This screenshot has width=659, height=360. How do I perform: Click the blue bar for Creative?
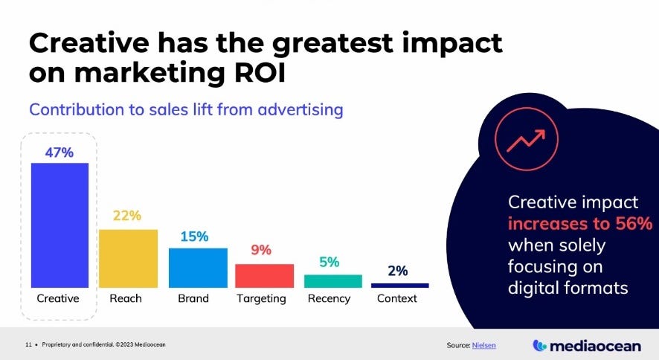pyautogui.click(x=60, y=225)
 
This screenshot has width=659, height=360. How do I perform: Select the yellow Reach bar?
pyautogui.click(x=128, y=258)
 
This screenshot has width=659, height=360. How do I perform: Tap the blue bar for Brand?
pyautogui.click(x=197, y=267)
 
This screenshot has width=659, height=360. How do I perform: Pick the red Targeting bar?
pyautogui.click(x=264, y=275)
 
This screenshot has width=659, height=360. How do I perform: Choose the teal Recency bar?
pyautogui.click(x=332, y=280)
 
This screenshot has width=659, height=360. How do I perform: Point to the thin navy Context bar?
pyautogui.click(x=399, y=285)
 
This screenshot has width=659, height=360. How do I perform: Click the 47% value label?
pyautogui.click(x=59, y=152)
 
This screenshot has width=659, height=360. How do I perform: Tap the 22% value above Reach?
pyautogui.click(x=127, y=216)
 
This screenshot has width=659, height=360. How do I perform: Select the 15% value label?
pyautogui.click(x=195, y=236)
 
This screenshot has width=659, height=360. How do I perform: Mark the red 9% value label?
pyautogui.click(x=260, y=251)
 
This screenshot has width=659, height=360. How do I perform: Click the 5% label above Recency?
pyautogui.click(x=329, y=262)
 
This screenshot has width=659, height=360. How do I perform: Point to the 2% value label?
pyautogui.click(x=398, y=271)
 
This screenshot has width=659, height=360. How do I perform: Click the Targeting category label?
pyautogui.click(x=261, y=299)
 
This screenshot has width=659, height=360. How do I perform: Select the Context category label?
pyautogui.click(x=397, y=299)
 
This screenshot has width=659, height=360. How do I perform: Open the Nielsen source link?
pyautogui.click(x=486, y=345)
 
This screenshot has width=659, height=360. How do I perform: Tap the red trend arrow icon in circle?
pyautogui.click(x=525, y=139)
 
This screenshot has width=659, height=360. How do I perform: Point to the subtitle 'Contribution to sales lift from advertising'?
pyautogui.click(x=186, y=109)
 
